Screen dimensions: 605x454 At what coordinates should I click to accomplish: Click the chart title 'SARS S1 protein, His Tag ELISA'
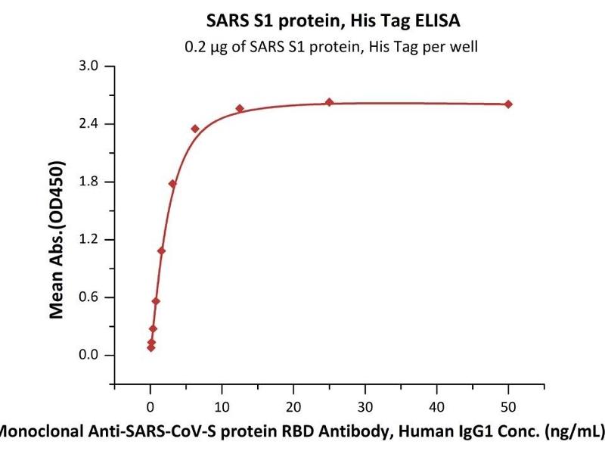333,20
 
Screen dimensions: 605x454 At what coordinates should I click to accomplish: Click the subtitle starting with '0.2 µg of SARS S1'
331,47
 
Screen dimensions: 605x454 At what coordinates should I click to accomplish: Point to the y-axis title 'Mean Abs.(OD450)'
56,240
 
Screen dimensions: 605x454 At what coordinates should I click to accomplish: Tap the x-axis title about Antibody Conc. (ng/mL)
302,431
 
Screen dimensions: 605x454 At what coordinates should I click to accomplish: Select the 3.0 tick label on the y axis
88,66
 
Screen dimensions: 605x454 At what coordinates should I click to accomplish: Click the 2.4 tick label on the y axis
88,123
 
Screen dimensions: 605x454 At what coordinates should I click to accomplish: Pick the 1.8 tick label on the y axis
88,182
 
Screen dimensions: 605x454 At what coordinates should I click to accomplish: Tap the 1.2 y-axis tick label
88,239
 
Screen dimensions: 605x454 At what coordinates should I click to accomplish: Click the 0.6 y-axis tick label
88,297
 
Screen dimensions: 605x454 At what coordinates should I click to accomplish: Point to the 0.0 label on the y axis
88,355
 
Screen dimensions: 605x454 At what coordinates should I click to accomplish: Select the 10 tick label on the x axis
222,407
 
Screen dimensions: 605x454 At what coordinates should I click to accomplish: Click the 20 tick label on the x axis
293,407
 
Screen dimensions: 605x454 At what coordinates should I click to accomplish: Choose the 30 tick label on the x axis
365,407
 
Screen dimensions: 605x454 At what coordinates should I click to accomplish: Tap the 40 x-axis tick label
437,407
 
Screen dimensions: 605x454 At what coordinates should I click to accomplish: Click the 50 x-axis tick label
508,407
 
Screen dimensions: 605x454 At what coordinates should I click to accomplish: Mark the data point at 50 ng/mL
508,104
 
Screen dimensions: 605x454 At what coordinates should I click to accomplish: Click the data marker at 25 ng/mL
329,102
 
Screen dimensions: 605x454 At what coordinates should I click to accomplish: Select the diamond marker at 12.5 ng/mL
240,108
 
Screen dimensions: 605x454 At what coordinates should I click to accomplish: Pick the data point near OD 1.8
172,184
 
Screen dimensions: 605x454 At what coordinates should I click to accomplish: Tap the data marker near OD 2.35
195,129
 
